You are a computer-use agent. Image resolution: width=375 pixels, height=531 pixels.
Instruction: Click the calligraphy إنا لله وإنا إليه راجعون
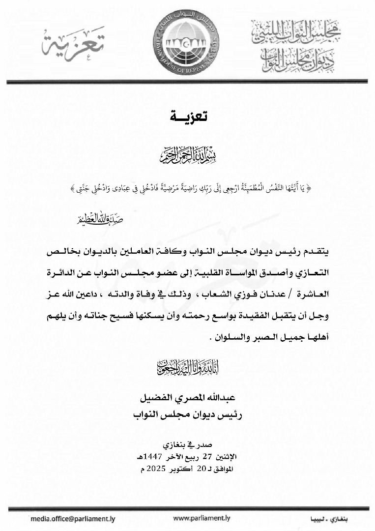point(188,367)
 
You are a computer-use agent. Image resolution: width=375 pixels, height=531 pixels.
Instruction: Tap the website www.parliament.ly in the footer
point(202,518)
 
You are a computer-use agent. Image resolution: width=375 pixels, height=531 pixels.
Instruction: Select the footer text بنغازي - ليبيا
point(330,519)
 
